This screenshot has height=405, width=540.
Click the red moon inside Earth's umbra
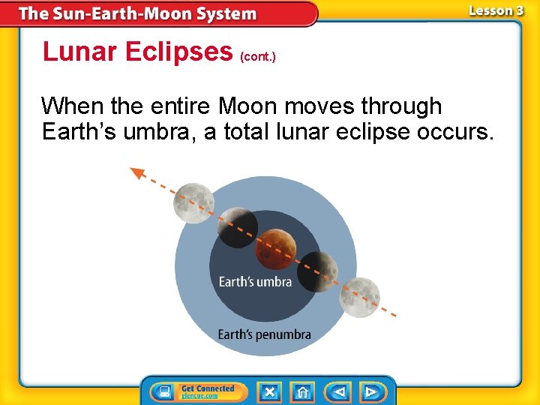pos(277,250)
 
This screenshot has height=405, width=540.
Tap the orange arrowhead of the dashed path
pos(137,173)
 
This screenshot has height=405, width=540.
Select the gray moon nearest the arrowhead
pos(194,202)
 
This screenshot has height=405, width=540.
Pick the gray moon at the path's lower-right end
pos(359,297)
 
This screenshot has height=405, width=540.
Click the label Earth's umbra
pos(255,282)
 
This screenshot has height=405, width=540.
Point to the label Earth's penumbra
pos(264,334)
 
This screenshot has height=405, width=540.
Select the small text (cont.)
pos(258,56)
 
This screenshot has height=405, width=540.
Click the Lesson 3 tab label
pos(496,10)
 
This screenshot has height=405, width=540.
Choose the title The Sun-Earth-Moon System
pos(137,13)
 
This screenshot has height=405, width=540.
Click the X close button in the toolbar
pos(269,391)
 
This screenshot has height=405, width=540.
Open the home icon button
pos(303,391)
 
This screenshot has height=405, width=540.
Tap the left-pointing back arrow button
pos(337,391)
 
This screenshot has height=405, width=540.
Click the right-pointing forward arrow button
pos(371,391)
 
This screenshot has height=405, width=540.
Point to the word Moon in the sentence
pos(242,106)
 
